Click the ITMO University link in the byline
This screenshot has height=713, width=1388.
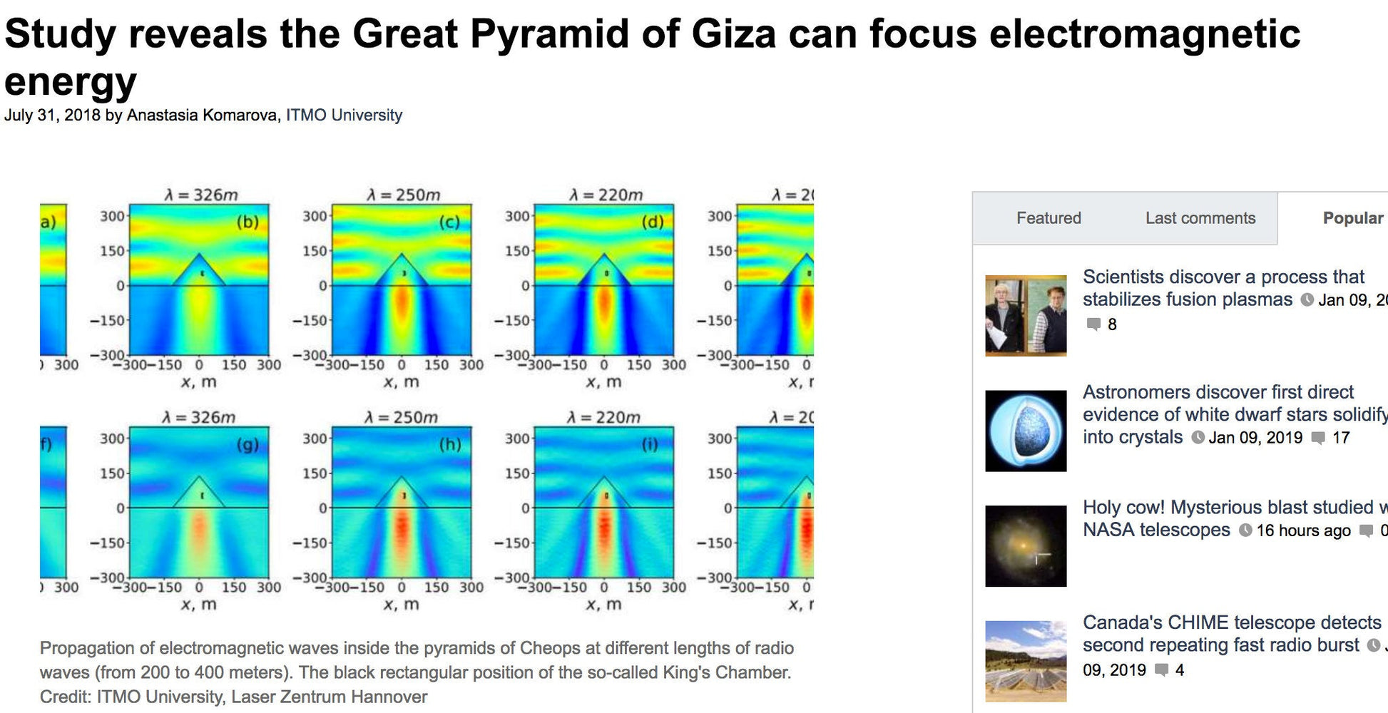pyautogui.click(x=344, y=115)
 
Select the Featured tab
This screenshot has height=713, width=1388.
pyautogui.click(x=1048, y=218)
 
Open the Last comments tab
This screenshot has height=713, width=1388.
pyautogui.click(x=1200, y=218)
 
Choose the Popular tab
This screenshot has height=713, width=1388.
pyautogui.click(x=1352, y=218)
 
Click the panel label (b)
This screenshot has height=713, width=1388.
pyautogui.click(x=248, y=222)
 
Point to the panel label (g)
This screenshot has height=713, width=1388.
pyautogui.click(x=248, y=445)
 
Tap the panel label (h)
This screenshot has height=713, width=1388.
pyautogui.click(x=450, y=445)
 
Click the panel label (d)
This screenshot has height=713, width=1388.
pyautogui.click(x=652, y=222)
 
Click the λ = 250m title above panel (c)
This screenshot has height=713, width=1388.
pyautogui.click(x=403, y=195)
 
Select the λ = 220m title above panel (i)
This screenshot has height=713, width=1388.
pyautogui.click(x=603, y=417)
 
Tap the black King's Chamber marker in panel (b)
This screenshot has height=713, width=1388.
pyautogui.click(x=203, y=273)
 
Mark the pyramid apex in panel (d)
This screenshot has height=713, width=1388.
pyautogui.click(x=604, y=255)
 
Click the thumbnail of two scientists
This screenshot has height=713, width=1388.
pyautogui.click(x=1026, y=315)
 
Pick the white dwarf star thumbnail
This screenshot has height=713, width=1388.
pyautogui.click(x=1026, y=431)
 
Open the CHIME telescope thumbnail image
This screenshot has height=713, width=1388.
pyautogui.click(x=1026, y=661)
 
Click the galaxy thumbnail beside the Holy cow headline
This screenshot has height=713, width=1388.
pyautogui.click(x=1026, y=546)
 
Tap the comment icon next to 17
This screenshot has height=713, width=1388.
pyautogui.click(x=1318, y=437)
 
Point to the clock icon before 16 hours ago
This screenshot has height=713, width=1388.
pyautogui.click(x=1245, y=530)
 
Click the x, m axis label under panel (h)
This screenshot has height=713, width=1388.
pyautogui.click(x=402, y=605)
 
